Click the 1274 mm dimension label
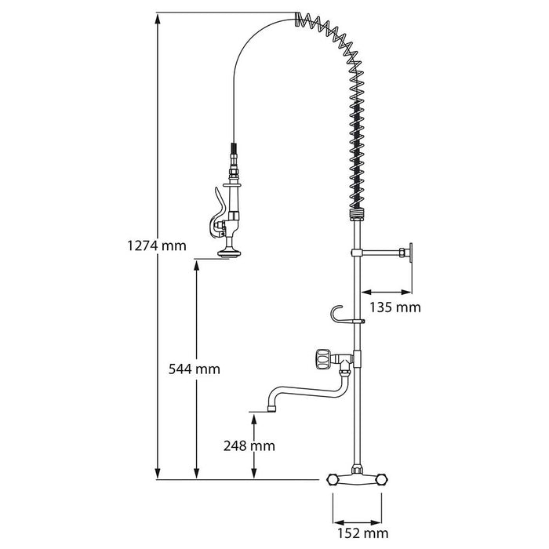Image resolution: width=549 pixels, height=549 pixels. click(x=157, y=245)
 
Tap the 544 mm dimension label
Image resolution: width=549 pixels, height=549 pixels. click(x=195, y=369)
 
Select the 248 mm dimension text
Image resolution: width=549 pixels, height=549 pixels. click(x=249, y=445)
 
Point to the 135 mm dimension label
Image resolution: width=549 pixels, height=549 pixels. click(x=395, y=307)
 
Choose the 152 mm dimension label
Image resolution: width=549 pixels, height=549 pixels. click(x=362, y=533)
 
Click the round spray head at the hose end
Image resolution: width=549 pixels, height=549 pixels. click(x=228, y=253)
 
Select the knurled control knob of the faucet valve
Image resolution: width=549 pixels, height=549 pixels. click(x=322, y=359)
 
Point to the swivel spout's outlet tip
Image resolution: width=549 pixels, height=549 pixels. click(x=271, y=409)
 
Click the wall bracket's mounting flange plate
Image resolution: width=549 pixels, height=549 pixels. click(x=410, y=253)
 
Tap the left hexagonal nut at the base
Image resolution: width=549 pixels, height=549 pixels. click(x=333, y=480)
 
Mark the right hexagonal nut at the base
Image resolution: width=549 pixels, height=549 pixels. click(x=382, y=480)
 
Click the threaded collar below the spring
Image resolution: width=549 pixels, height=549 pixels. click(x=358, y=214)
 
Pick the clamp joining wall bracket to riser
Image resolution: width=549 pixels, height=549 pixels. click(x=357, y=253)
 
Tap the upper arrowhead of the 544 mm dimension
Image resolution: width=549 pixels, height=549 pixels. click(x=196, y=266)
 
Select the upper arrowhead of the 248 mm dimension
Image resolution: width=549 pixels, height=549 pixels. click(x=254, y=419)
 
